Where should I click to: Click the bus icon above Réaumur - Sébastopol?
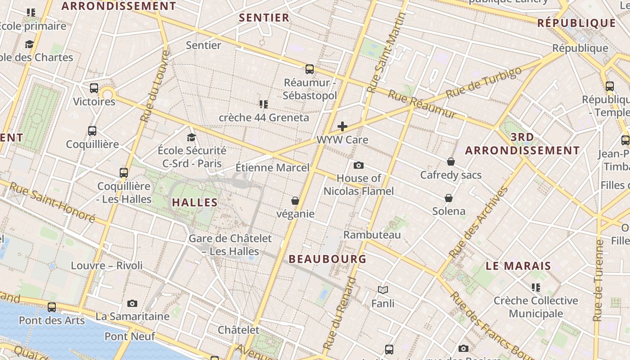tap(310, 69)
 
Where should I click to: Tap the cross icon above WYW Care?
tap(342, 126)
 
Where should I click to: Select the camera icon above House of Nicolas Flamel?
tap(359, 165)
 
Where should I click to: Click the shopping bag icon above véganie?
tap(295, 201)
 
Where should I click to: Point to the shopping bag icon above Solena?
tap(449, 198)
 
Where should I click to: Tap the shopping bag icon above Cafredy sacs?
tap(451, 162)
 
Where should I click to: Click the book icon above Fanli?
tap(383, 290)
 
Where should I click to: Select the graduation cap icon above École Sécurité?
tap(192, 137)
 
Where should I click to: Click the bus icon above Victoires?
tap(94, 88)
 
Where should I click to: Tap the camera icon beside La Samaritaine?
tap(132, 303)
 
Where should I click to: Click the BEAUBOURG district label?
tap(328, 259)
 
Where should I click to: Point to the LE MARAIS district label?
tap(518, 266)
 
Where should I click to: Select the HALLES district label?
tap(195, 202)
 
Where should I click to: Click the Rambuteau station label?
tap(372, 234)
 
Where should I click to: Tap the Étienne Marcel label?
tap(273, 168)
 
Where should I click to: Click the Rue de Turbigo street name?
tap(484, 83)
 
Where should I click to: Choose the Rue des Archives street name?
tap(480, 223)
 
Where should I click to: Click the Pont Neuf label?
tap(130, 336)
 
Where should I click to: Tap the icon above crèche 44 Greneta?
tap(264, 104)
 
